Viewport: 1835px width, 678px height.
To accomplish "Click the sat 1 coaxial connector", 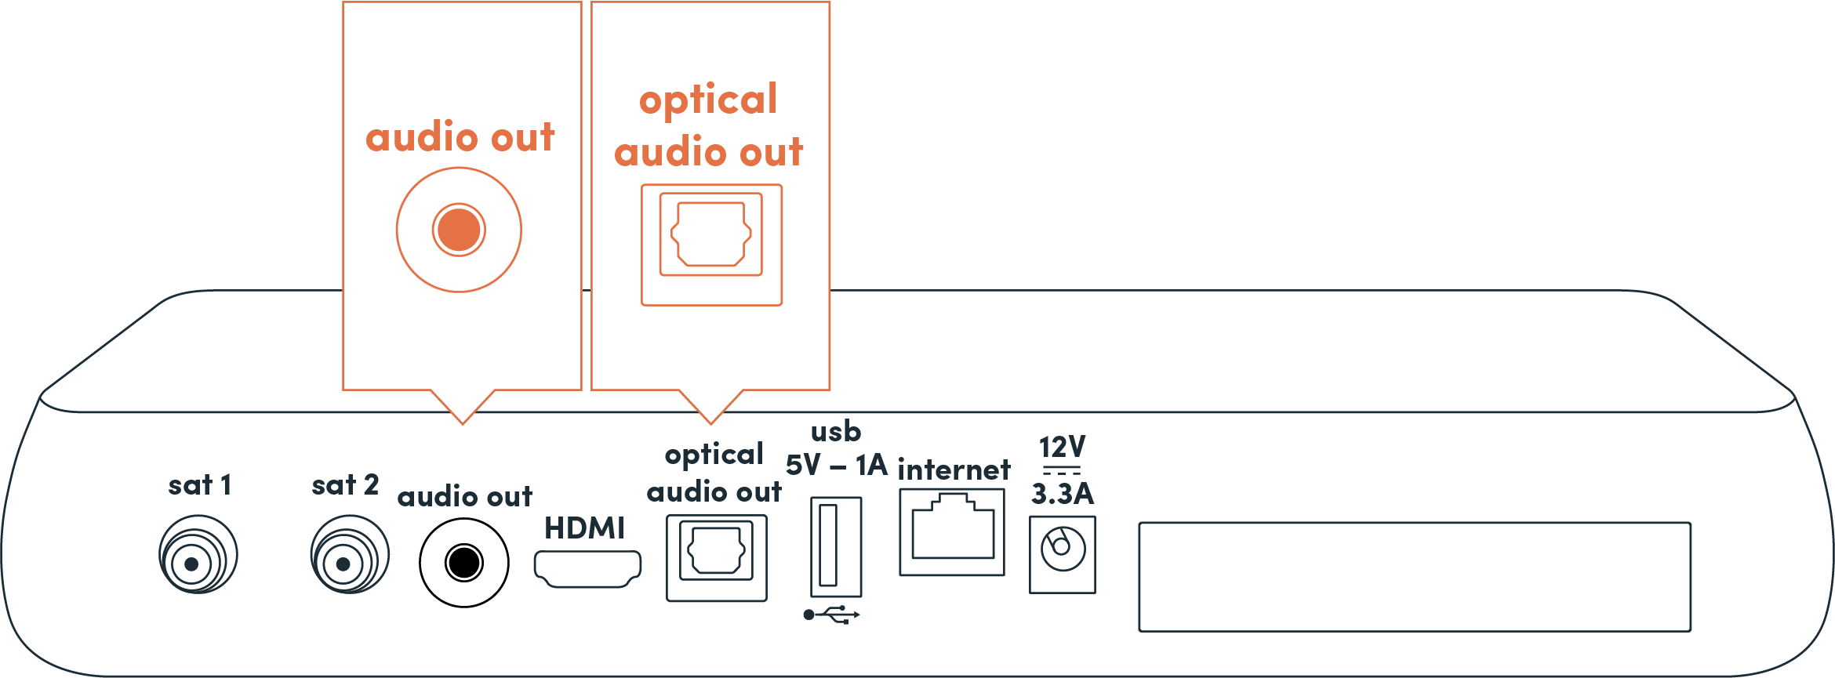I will point(197,555).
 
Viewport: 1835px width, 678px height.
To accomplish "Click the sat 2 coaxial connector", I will point(349,555).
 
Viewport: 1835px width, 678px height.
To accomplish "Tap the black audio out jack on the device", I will point(463,562).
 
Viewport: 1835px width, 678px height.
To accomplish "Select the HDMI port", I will point(587,568).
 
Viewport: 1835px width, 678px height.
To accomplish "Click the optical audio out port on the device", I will point(716,557).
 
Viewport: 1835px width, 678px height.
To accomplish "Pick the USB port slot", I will point(835,546).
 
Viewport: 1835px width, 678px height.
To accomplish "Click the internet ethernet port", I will point(952,531).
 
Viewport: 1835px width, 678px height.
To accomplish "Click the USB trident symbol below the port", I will point(832,615).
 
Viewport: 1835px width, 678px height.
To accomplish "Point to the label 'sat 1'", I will point(200,485).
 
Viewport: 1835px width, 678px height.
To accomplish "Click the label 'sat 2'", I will point(345,485).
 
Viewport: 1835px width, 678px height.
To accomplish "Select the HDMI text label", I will point(584,528).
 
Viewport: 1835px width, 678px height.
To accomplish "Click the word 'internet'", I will point(954,470).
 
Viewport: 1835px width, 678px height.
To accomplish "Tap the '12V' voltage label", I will point(1062,448).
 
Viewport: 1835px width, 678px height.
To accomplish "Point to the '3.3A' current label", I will point(1062,494).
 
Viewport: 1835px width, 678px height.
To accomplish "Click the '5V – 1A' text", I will point(836,466).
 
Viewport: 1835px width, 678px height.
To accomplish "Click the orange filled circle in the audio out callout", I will point(459,230).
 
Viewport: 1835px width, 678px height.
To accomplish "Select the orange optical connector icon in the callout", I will point(711,234).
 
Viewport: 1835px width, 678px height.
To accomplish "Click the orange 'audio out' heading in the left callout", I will point(460,137).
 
